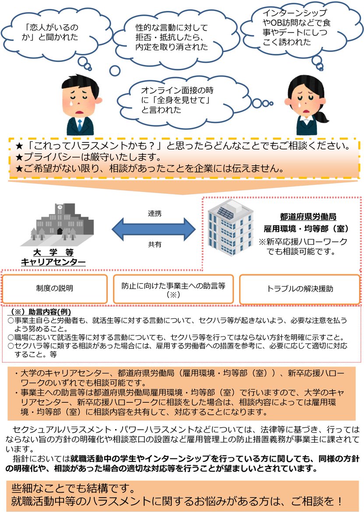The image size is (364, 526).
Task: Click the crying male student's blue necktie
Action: coord(80,124)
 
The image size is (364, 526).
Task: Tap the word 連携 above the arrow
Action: coord(154,214)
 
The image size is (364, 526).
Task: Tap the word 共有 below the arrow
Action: coord(154,245)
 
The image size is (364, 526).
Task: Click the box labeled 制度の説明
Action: coord(55,288)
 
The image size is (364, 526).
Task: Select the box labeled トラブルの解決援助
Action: coord(300,289)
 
